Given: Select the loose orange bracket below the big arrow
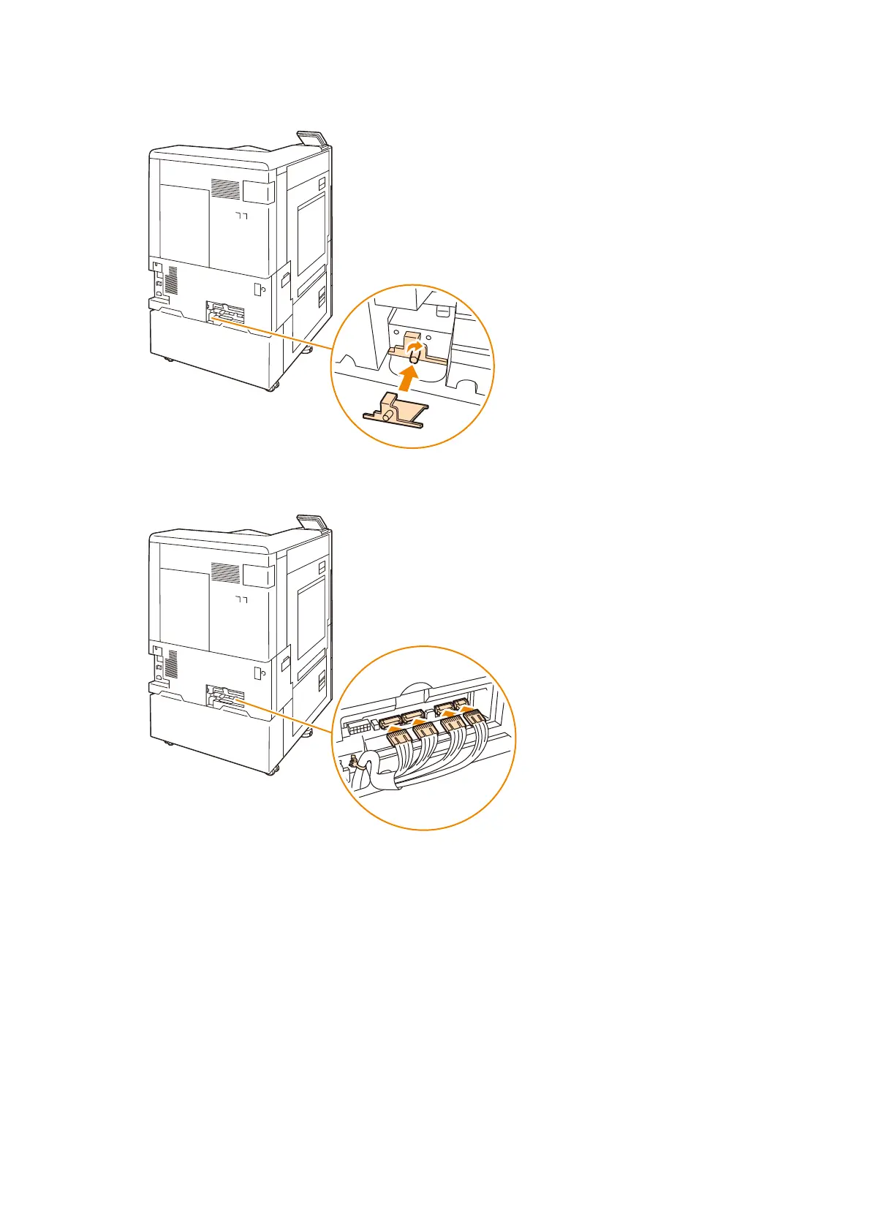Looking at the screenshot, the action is click(x=396, y=413).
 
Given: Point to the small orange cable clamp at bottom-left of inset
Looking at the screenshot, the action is click(x=352, y=764).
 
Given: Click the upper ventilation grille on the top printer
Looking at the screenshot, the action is click(x=225, y=189).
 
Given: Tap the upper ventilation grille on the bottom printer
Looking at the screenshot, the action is click(x=225, y=572).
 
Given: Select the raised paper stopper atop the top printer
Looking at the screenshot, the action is click(x=312, y=138).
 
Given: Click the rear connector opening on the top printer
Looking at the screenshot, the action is click(x=225, y=310).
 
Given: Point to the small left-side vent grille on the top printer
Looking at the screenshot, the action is click(x=172, y=280).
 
